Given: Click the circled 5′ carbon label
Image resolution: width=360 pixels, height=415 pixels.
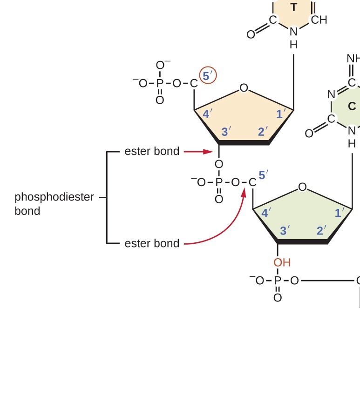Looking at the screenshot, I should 207,76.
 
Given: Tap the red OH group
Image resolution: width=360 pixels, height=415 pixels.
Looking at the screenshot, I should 282,262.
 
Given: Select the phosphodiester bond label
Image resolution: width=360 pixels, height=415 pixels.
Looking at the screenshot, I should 54,204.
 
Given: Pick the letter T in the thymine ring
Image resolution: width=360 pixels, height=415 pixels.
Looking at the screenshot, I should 293,7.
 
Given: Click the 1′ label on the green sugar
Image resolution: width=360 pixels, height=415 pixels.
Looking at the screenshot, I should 340,213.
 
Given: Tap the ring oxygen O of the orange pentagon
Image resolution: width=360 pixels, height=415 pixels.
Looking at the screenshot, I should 243,88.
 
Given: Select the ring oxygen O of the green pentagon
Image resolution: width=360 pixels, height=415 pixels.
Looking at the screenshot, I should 302,187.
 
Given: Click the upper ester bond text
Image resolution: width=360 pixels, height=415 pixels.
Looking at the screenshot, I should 152,151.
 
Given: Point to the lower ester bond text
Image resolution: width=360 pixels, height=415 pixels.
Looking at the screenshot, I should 152,243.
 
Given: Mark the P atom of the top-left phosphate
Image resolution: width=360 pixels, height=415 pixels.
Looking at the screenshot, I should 160,83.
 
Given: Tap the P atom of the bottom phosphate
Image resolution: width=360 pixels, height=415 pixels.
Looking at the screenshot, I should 278,281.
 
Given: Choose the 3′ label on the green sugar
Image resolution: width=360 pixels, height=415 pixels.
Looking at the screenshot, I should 285,230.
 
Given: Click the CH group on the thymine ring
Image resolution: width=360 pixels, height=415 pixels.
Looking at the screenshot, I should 319,20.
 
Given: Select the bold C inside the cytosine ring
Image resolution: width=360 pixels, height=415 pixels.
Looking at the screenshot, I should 352,107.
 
